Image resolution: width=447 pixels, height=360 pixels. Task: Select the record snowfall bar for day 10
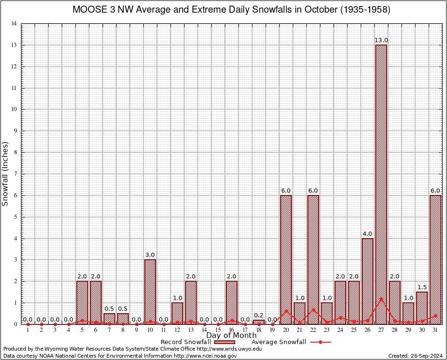(150, 292)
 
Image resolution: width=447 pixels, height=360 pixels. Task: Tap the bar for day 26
(367, 281)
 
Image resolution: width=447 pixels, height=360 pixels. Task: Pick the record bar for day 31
(435, 259)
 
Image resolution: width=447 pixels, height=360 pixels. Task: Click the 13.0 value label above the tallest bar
(381, 40)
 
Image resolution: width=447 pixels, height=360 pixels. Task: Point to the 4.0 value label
(367, 234)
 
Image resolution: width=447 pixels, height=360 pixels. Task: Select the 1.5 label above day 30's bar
(422, 287)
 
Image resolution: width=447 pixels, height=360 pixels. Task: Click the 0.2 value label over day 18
(259, 315)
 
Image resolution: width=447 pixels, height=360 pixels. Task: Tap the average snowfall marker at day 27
(381, 299)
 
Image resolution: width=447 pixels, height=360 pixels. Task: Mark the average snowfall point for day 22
(313, 310)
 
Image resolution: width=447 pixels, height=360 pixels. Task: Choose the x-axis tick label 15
(218, 330)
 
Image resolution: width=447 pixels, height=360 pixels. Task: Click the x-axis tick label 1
(28, 330)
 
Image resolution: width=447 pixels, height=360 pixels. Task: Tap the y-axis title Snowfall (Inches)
(5, 173)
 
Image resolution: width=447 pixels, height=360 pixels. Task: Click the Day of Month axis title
(231, 335)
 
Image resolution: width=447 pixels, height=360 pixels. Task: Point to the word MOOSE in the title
(89, 10)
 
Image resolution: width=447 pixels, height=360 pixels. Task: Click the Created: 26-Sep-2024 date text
(415, 356)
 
